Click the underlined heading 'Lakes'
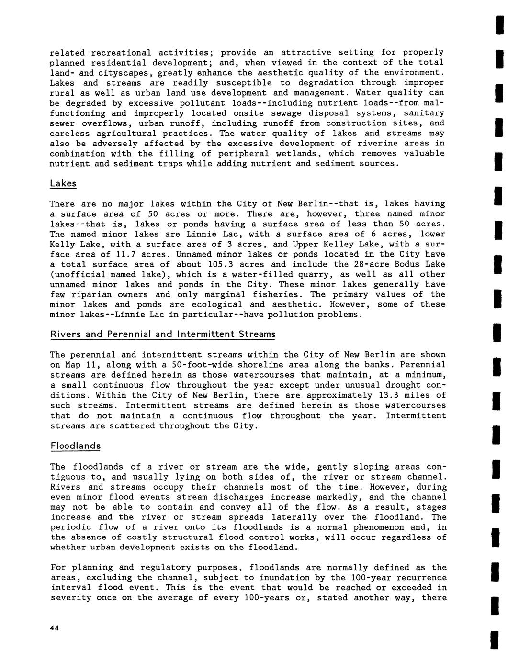click(63, 184)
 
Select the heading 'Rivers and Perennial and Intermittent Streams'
click(163, 334)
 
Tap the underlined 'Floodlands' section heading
click(76, 446)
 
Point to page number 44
click(54, 629)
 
